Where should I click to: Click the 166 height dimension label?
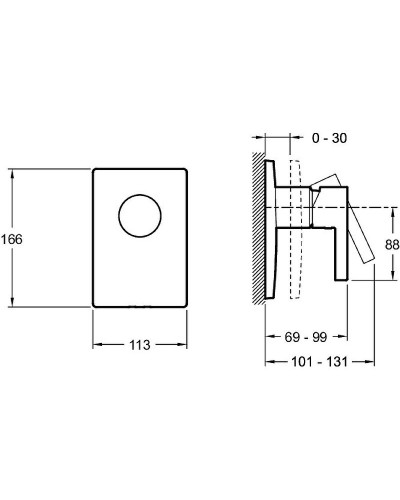coord(12,239)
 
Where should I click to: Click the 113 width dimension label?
coord(140,345)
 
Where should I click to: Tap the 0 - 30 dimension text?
coord(329,138)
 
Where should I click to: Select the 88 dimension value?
coord(392,245)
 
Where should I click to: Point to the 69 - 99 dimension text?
coord(306,337)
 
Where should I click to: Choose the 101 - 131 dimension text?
coord(319,362)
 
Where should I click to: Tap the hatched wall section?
coord(259,228)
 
